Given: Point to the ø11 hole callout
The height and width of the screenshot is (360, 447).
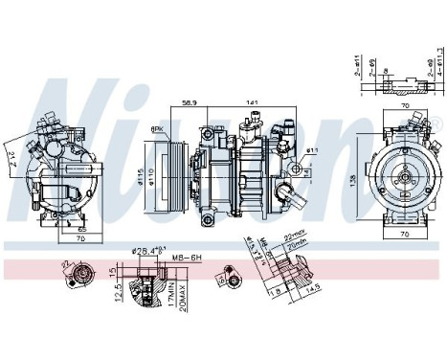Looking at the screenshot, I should [x=312, y=151].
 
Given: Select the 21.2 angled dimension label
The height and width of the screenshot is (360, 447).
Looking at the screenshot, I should [x=10, y=159].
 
